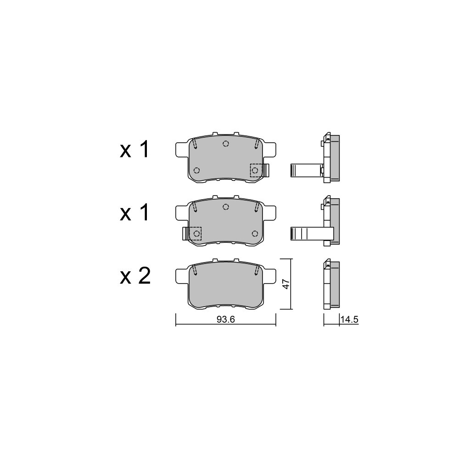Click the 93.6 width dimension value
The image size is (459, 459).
coord(226,319)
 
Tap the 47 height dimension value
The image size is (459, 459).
coord(285,284)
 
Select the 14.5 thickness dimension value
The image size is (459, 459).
coord(349,319)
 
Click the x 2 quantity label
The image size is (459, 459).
coord(135,276)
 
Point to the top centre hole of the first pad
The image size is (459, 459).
coord(225,143)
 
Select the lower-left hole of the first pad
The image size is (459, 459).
coord(197,170)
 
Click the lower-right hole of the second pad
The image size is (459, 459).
coord(255,233)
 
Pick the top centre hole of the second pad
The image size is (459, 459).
coord(225,207)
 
